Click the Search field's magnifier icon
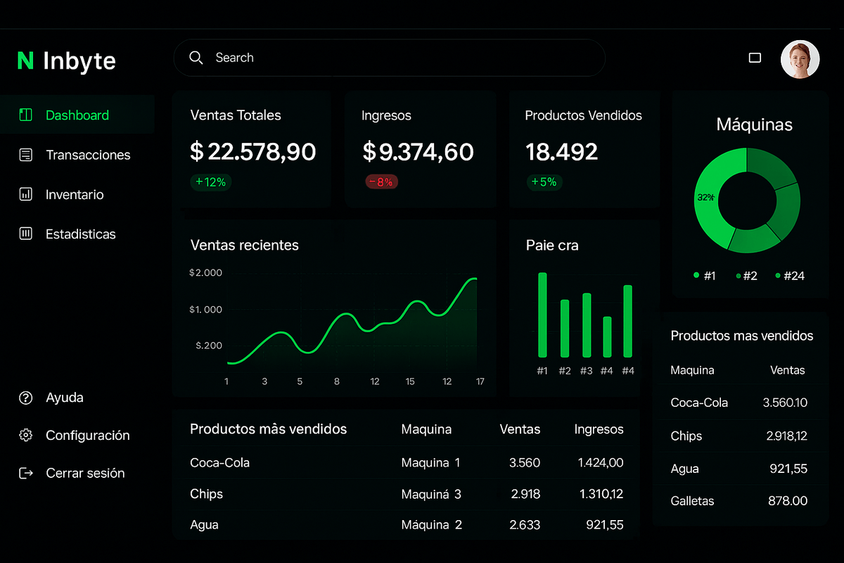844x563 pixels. click(x=196, y=58)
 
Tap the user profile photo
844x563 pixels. click(x=800, y=59)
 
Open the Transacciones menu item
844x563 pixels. click(x=88, y=155)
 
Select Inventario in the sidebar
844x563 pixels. click(x=75, y=194)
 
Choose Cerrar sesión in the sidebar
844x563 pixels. click(x=85, y=473)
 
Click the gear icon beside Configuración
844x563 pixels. click(x=26, y=435)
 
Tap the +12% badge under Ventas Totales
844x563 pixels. click(x=210, y=182)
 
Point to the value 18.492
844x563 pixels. click(x=561, y=151)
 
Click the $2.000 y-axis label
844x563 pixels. click(x=205, y=272)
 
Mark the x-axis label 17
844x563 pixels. click(x=480, y=381)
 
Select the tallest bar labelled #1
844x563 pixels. click(x=542, y=315)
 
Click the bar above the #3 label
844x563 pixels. click(x=587, y=325)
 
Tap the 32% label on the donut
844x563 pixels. click(x=705, y=198)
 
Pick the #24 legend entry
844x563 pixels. click(x=790, y=276)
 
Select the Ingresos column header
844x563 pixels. click(x=599, y=429)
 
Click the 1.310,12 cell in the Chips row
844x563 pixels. click(x=601, y=494)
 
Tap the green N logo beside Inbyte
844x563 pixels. click(x=25, y=61)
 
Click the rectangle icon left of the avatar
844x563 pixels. click(x=755, y=58)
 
